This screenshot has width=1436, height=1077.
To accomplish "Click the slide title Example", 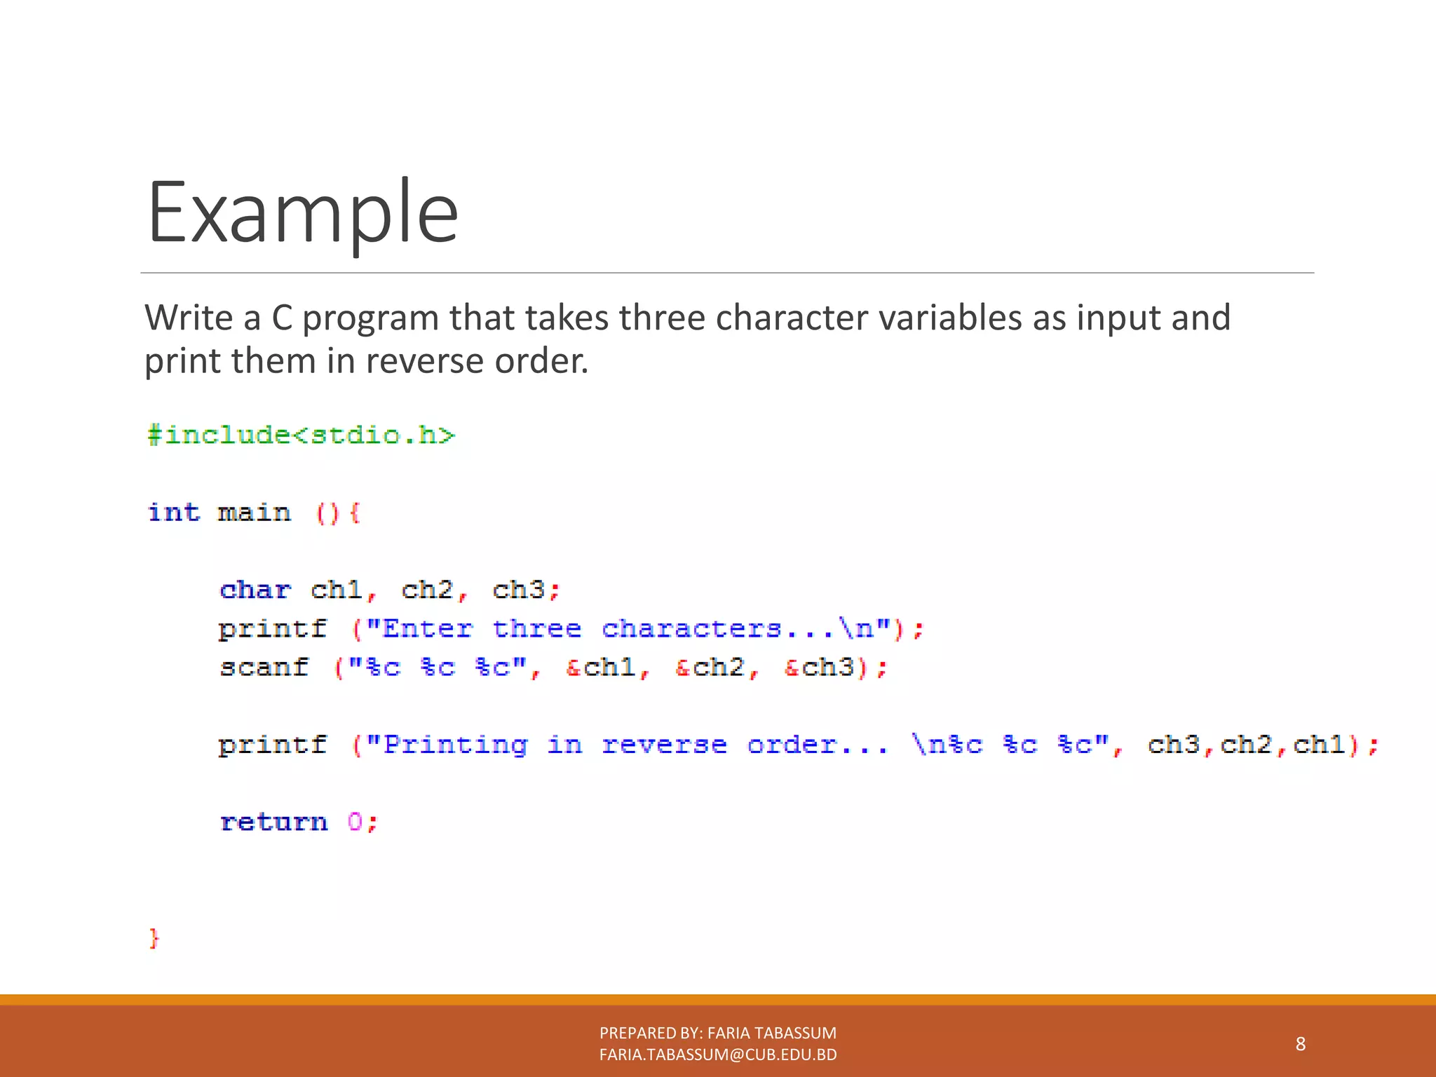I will (x=302, y=212).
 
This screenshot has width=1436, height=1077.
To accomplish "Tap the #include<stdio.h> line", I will (x=302, y=435).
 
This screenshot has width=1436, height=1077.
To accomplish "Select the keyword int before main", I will (x=174, y=513).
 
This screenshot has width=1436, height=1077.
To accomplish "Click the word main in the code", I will (x=254, y=513).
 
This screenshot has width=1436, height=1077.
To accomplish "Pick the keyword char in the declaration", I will (x=255, y=590).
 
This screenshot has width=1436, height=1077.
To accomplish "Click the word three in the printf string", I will (x=537, y=628).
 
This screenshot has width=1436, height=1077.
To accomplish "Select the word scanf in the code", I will (x=264, y=667).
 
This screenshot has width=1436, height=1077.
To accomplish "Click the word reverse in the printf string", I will (x=664, y=745).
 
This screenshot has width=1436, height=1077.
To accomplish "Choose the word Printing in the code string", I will (x=456, y=745).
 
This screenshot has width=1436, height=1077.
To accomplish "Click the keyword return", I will (x=273, y=822).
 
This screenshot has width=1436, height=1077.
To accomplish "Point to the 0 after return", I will (x=355, y=822).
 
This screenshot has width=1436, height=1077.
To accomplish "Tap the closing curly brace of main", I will (x=154, y=938).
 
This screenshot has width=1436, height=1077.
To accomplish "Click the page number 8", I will (x=1300, y=1044).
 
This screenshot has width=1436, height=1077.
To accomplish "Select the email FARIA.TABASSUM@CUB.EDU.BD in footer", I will (x=718, y=1055).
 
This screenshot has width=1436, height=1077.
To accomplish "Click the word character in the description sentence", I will (x=792, y=318).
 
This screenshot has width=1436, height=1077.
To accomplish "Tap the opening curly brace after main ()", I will (x=355, y=513).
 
